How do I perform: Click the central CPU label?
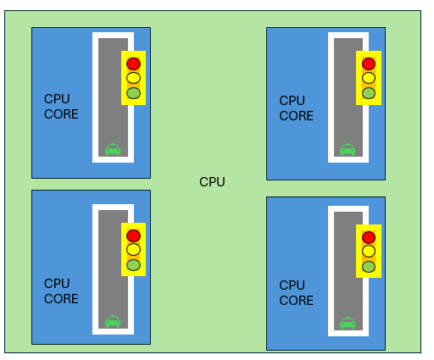click(x=212, y=182)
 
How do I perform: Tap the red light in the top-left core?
click(x=133, y=64)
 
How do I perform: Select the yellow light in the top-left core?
click(x=133, y=78)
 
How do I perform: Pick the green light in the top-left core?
click(x=133, y=93)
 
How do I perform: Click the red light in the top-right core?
click(x=369, y=64)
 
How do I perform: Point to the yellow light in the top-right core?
click(x=369, y=78)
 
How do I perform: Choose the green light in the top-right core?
click(x=369, y=93)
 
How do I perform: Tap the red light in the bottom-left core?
click(x=133, y=235)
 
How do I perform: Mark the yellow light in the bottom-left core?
click(x=133, y=250)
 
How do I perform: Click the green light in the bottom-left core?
click(x=133, y=265)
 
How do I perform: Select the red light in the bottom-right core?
click(x=369, y=237)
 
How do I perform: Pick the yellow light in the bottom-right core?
click(x=369, y=252)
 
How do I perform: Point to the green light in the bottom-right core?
click(x=369, y=267)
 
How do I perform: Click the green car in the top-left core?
click(x=113, y=149)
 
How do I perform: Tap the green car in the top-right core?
click(x=348, y=149)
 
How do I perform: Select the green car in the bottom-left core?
click(x=113, y=321)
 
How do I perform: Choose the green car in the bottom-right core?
click(x=348, y=323)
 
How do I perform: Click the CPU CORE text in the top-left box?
click(x=61, y=107)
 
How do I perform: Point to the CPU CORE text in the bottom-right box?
click(x=296, y=293)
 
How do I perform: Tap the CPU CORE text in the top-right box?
click(x=296, y=108)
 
